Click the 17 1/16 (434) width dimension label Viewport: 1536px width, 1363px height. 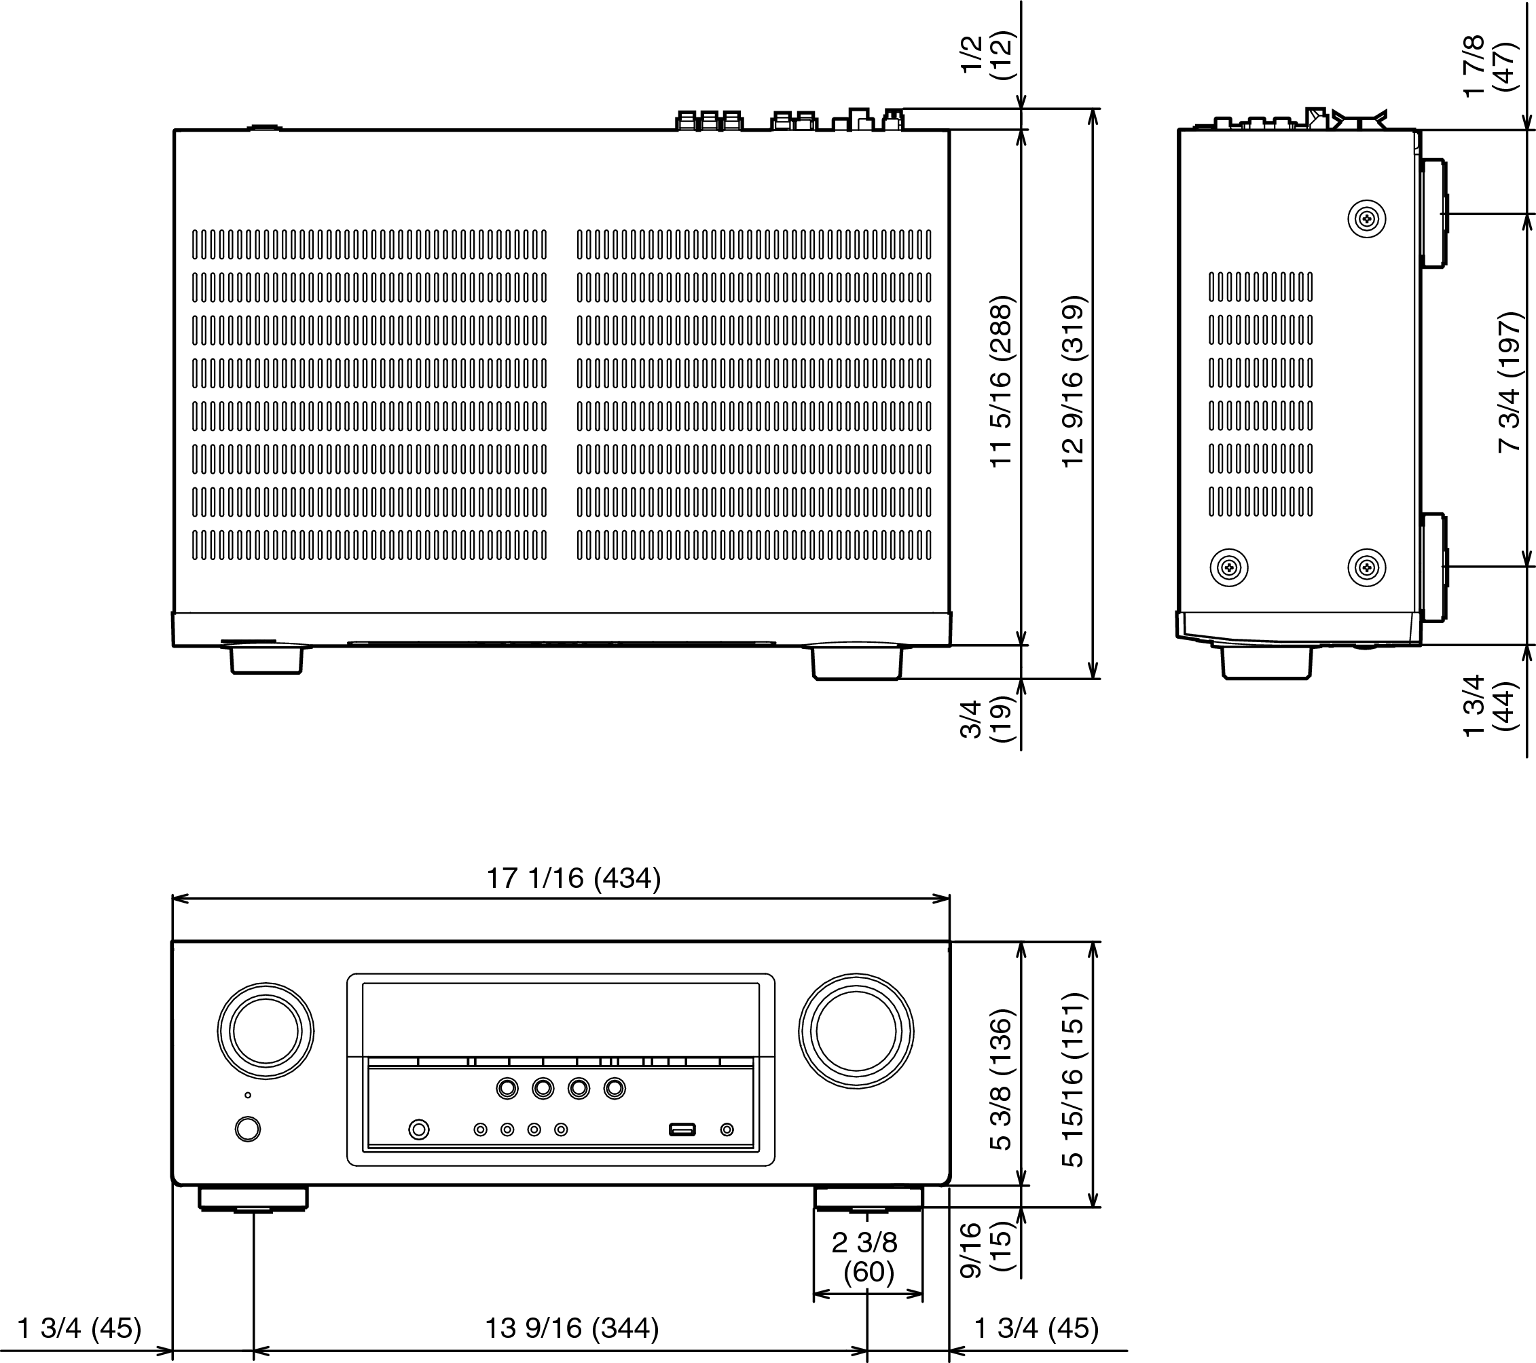click(x=573, y=878)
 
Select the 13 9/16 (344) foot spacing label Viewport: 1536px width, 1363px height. click(x=572, y=1328)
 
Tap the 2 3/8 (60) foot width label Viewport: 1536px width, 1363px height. click(x=866, y=1257)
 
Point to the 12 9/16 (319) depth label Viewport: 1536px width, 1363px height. click(x=1073, y=381)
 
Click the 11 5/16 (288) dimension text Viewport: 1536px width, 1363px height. click(x=1002, y=381)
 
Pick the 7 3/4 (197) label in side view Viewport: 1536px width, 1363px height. click(x=1509, y=381)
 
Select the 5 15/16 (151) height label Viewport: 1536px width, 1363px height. click(x=1073, y=1080)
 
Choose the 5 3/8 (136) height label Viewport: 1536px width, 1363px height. click(x=1002, y=1080)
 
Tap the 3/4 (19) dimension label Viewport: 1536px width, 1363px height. click(x=986, y=719)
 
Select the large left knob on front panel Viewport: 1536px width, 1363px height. click(x=266, y=1031)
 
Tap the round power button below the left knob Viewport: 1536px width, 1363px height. click(x=248, y=1129)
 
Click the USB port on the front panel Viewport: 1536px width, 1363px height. click(x=682, y=1129)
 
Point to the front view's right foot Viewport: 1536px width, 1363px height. click(x=868, y=1199)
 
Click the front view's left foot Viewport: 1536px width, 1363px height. click(x=253, y=1199)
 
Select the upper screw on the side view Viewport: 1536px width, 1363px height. click(x=1366, y=219)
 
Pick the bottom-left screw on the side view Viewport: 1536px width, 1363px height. click(x=1228, y=567)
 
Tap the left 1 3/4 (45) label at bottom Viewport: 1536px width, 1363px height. click(x=79, y=1328)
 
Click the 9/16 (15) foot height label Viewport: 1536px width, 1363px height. click(x=986, y=1250)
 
